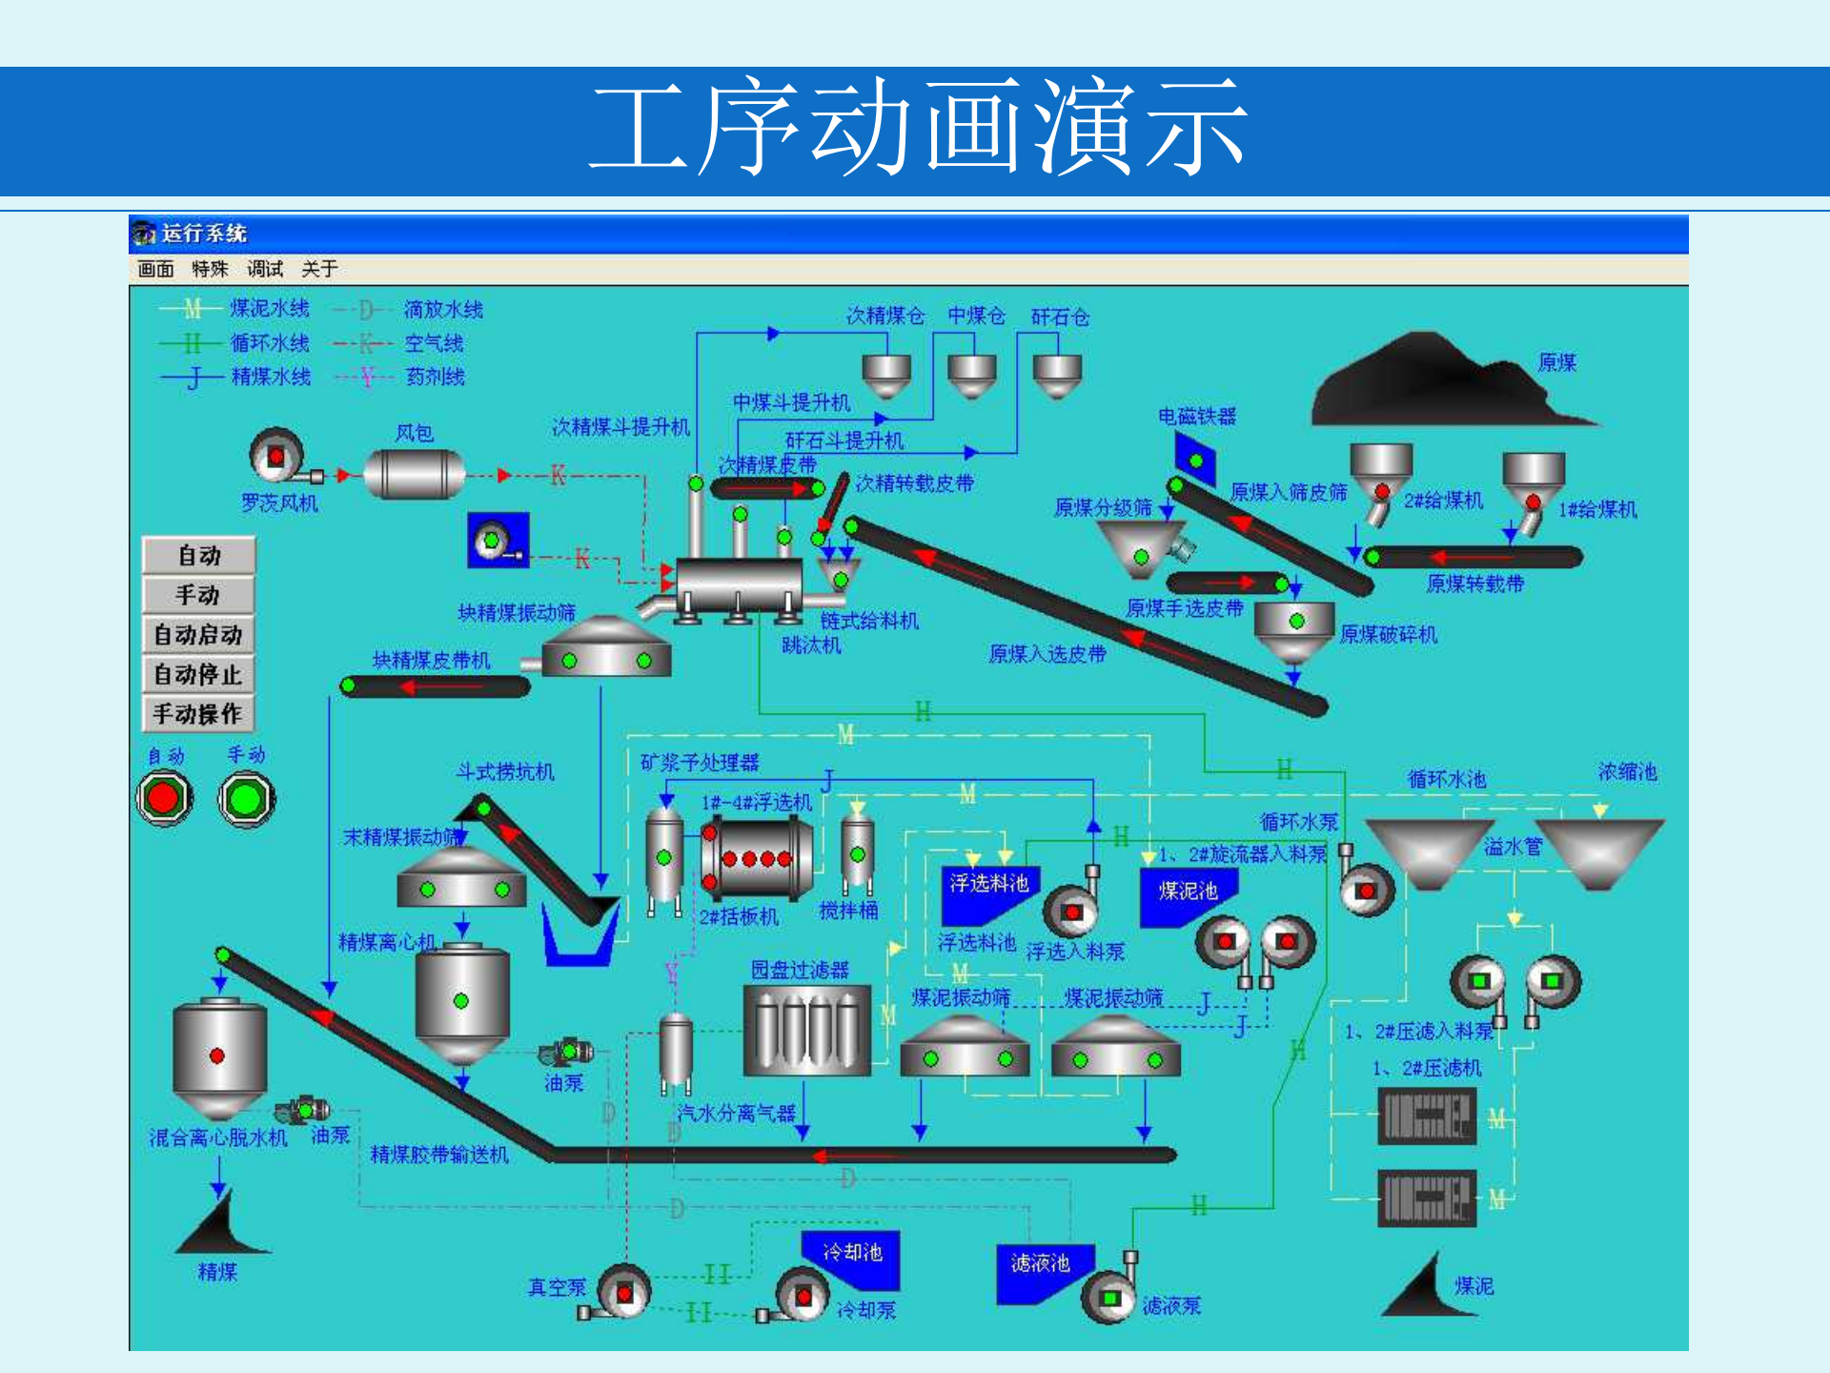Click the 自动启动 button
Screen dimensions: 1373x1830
pyautogui.click(x=198, y=635)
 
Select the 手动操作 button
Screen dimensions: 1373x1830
pyautogui.click(x=198, y=714)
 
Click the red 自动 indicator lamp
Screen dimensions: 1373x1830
pyautogui.click(x=164, y=798)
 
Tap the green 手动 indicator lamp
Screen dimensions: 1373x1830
pyautogui.click(x=246, y=798)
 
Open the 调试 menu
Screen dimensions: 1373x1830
pyautogui.click(x=265, y=269)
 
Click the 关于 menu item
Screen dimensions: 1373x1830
pyautogui.click(x=319, y=269)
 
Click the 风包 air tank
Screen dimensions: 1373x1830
pyautogui.click(x=415, y=474)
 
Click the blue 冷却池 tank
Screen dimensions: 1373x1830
pyautogui.click(x=851, y=1258)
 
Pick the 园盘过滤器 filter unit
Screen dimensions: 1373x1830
pyautogui.click(x=806, y=1030)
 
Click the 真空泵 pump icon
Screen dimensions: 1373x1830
pyautogui.click(x=623, y=1293)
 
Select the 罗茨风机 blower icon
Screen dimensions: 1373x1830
pyautogui.click(x=276, y=457)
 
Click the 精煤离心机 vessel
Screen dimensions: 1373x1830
pyautogui.click(x=461, y=1001)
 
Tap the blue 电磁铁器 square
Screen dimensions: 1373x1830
pyautogui.click(x=1195, y=460)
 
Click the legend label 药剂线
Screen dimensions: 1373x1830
pyautogui.click(x=435, y=377)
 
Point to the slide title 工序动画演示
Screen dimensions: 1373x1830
pyautogui.click(x=915, y=128)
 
